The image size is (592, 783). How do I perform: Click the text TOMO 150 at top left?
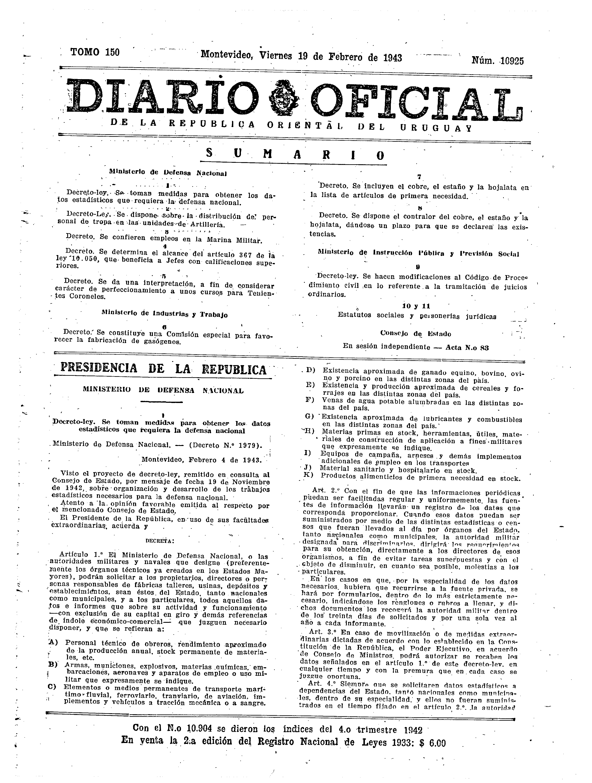(95, 52)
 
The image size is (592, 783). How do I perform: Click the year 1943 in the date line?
(392, 58)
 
